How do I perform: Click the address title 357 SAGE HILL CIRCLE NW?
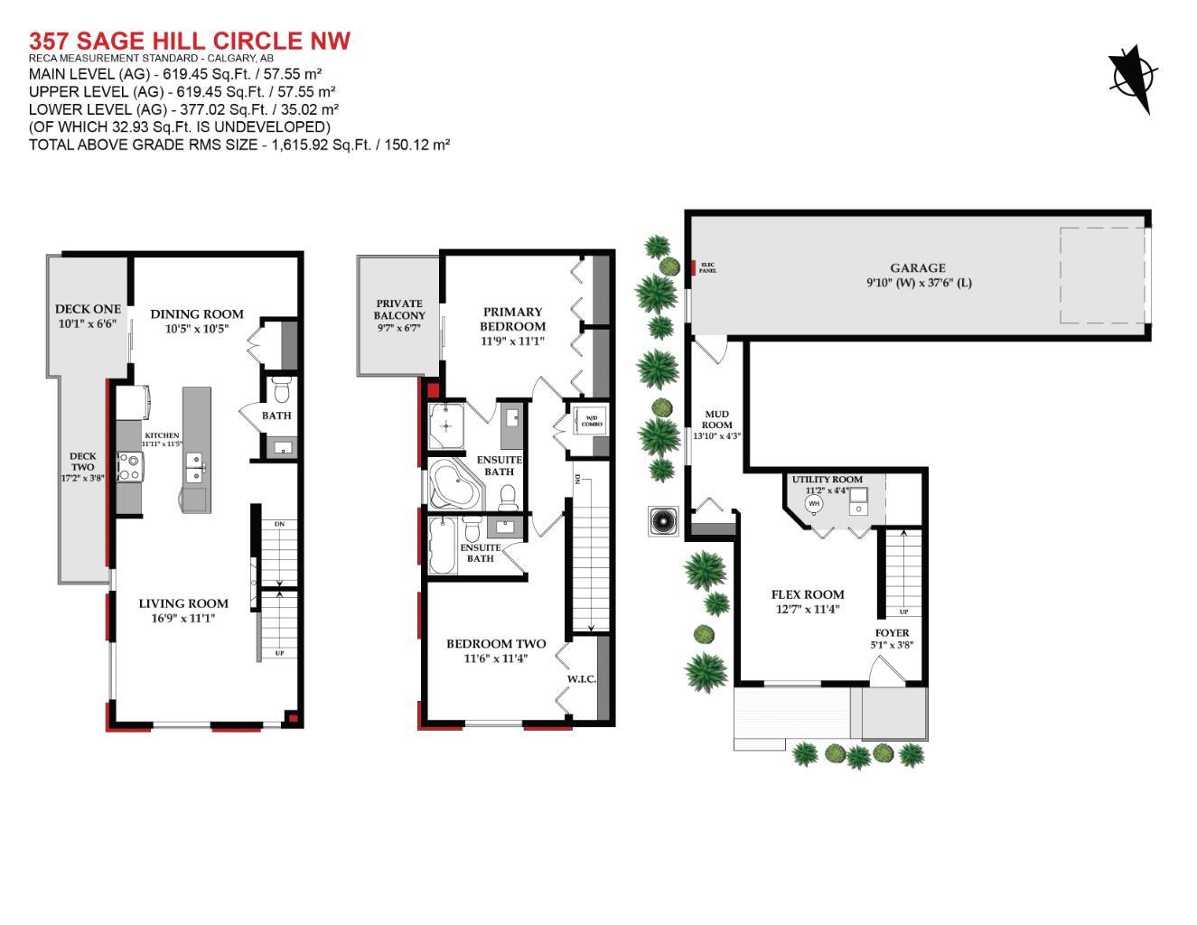pyautogui.click(x=190, y=41)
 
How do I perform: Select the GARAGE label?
pyautogui.click(x=917, y=267)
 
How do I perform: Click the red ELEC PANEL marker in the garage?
pyautogui.click(x=693, y=267)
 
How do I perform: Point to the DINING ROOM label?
pyautogui.click(x=197, y=314)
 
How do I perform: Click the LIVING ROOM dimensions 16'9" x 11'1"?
pyautogui.click(x=183, y=619)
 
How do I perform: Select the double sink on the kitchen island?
pyautogui.click(x=195, y=468)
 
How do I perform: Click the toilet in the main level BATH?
pyautogui.click(x=280, y=390)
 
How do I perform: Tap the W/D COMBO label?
pyautogui.click(x=592, y=420)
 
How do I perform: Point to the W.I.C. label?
pyautogui.click(x=581, y=678)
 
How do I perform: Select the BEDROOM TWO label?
pyautogui.click(x=496, y=644)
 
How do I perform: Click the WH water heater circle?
pyautogui.click(x=814, y=503)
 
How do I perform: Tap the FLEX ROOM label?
pyautogui.click(x=808, y=594)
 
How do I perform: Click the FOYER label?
pyautogui.click(x=893, y=632)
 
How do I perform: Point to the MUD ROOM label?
pyautogui.click(x=717, y=419)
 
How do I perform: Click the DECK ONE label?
pyautogui.click(x=88, y=309)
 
